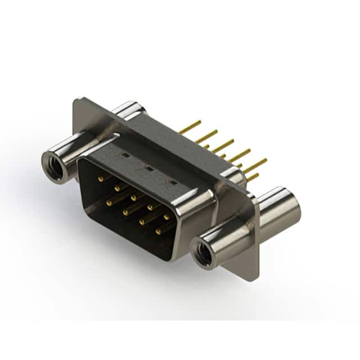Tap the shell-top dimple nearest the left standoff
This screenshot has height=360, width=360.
click(x=125, y=154)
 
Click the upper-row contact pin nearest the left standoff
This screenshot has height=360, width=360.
click(x=101, y=178)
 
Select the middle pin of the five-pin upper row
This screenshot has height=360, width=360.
click(x=135, y=197)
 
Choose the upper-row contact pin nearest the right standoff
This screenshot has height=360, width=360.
click(x=167, y=215)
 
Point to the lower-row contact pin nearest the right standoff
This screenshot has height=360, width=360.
click(x=159, y=229)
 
